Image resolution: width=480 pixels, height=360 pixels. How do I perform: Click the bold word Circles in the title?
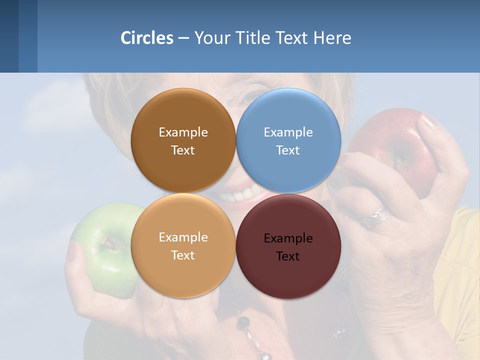tap(147, 38)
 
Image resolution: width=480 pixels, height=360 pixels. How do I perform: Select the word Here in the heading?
tap(332, 38)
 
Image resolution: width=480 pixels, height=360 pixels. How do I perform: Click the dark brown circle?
tap(183, 115)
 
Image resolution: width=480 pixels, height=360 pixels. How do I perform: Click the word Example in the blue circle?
tap(288, 132)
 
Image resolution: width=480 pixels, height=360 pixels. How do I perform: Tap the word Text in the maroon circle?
tap(288, 256)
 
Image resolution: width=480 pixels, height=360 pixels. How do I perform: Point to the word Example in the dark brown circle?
tap(183, 132)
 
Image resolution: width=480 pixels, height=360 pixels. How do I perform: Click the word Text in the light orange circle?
tap(183, 255)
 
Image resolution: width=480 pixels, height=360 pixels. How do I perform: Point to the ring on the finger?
tap(377, 216)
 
